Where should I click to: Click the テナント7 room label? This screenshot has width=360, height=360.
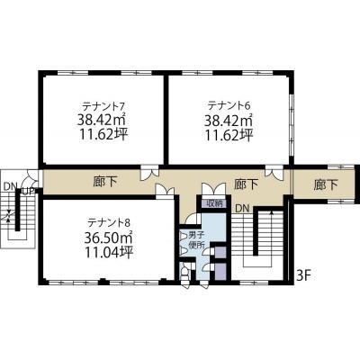[103, 106]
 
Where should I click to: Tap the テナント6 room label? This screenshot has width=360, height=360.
[229, 105]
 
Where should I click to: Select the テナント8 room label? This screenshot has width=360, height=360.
[109, 222]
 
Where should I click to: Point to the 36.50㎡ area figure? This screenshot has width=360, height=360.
[109, 238]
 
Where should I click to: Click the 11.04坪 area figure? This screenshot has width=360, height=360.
[109, 253]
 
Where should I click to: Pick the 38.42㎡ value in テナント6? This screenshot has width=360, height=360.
[229, 121]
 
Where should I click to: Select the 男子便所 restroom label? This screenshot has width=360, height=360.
[196, 239]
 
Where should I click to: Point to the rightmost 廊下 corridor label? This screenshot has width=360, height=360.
[326, 184]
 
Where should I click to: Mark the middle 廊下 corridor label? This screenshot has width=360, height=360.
[246, 184]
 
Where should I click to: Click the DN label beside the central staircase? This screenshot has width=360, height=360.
[242, 209]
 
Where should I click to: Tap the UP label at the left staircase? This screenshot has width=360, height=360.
[29, 191]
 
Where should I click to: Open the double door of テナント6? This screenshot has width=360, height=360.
[274, 173]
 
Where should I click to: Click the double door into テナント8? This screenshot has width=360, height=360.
[165, 191]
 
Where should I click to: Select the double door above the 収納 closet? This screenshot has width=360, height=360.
[213, 190]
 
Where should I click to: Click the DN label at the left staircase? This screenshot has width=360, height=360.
[11, 186]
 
